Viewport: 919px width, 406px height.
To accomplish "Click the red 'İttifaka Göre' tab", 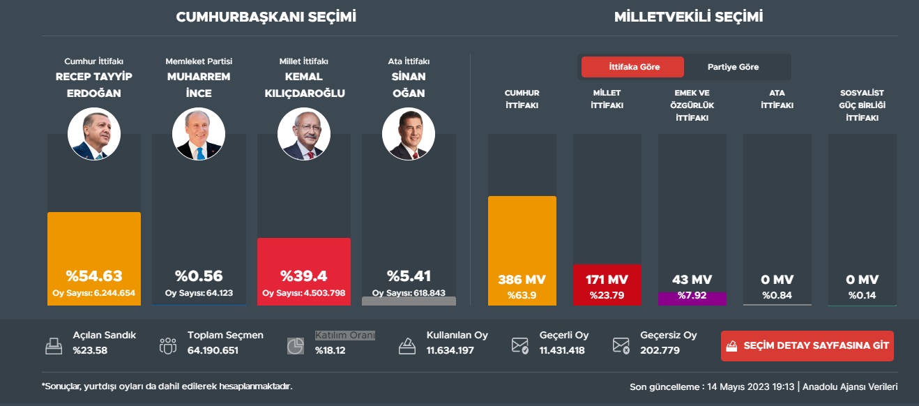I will (x=634, y=67).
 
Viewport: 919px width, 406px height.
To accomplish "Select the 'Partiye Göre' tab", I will (x=733, y=67).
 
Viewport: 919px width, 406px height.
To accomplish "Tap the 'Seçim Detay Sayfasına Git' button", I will (x=807, y=346).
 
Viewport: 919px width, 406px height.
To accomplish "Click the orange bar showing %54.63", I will (x=94, y=258).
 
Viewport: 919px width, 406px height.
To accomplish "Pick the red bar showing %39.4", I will (x=304, y=271).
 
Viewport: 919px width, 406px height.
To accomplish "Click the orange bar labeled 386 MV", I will (x=522, y=250).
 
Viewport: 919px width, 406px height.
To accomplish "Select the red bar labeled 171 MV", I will (x=607, y=285).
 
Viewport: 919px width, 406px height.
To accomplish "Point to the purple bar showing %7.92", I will (x=692, y=299).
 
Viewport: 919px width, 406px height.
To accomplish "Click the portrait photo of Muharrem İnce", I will (x=199, y=134).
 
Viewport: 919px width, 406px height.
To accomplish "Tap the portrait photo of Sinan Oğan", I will (x=409, y=134).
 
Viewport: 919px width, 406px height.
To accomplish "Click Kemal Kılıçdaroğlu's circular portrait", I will (x=304, y=134).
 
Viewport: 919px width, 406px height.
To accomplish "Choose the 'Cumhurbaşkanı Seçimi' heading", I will (x=266, y=17).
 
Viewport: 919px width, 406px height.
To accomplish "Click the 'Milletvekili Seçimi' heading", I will (x=688, y=17).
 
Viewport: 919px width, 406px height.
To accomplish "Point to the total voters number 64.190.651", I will (x=213, y=350).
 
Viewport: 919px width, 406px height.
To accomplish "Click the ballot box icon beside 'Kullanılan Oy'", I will (x=407, y=345).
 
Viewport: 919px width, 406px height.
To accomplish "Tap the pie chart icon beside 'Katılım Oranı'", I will (x=296, y=345).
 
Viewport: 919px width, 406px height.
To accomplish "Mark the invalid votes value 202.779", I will (x=660, y=350).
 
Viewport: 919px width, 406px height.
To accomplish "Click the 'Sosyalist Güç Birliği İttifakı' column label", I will (x=862, y=105).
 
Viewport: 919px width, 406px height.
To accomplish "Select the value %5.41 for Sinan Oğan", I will (x=409, y=276).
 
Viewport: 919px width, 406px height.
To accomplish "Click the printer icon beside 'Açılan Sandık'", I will (x=54, y=345).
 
